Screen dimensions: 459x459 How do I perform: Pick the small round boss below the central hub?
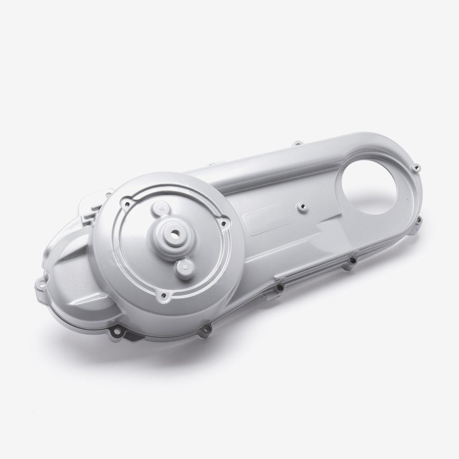(x=186, y=263)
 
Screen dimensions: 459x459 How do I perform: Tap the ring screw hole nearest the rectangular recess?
(x=224, y=224)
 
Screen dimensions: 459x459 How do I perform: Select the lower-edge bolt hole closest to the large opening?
(x=352, y=261)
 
